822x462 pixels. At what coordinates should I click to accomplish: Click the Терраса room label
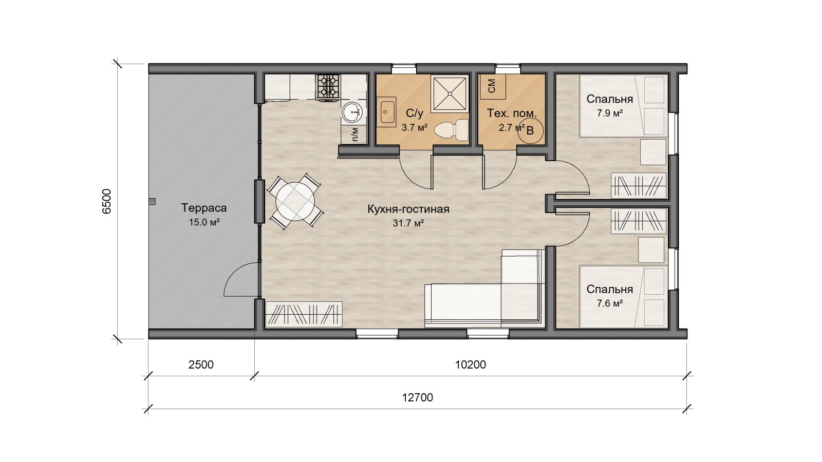(203, 208)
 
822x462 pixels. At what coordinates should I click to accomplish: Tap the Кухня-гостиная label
(408, 209)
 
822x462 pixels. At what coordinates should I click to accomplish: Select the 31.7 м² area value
(408, 223)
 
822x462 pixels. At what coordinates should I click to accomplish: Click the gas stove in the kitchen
(328, 87)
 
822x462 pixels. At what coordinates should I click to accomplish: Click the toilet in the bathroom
(451, 130)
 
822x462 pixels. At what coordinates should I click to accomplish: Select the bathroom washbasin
(386, 111)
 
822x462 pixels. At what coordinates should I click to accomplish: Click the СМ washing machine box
(493, 86)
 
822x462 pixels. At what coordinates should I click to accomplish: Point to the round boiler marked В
(530, 130)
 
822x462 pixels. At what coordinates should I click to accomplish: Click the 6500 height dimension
(106, 201)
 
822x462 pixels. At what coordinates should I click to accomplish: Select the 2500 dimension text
(201, 364)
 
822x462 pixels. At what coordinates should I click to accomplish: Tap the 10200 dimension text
(471, 364)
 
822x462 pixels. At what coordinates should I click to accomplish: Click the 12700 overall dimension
(418, 397)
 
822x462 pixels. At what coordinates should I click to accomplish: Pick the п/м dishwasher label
(354, 134)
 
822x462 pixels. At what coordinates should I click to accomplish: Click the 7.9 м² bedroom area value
(609, 113)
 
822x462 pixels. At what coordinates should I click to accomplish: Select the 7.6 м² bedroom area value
(609, 303)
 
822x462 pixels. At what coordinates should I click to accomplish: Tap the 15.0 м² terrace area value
(204, 222)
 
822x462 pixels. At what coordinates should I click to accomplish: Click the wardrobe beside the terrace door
(304, 314)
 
